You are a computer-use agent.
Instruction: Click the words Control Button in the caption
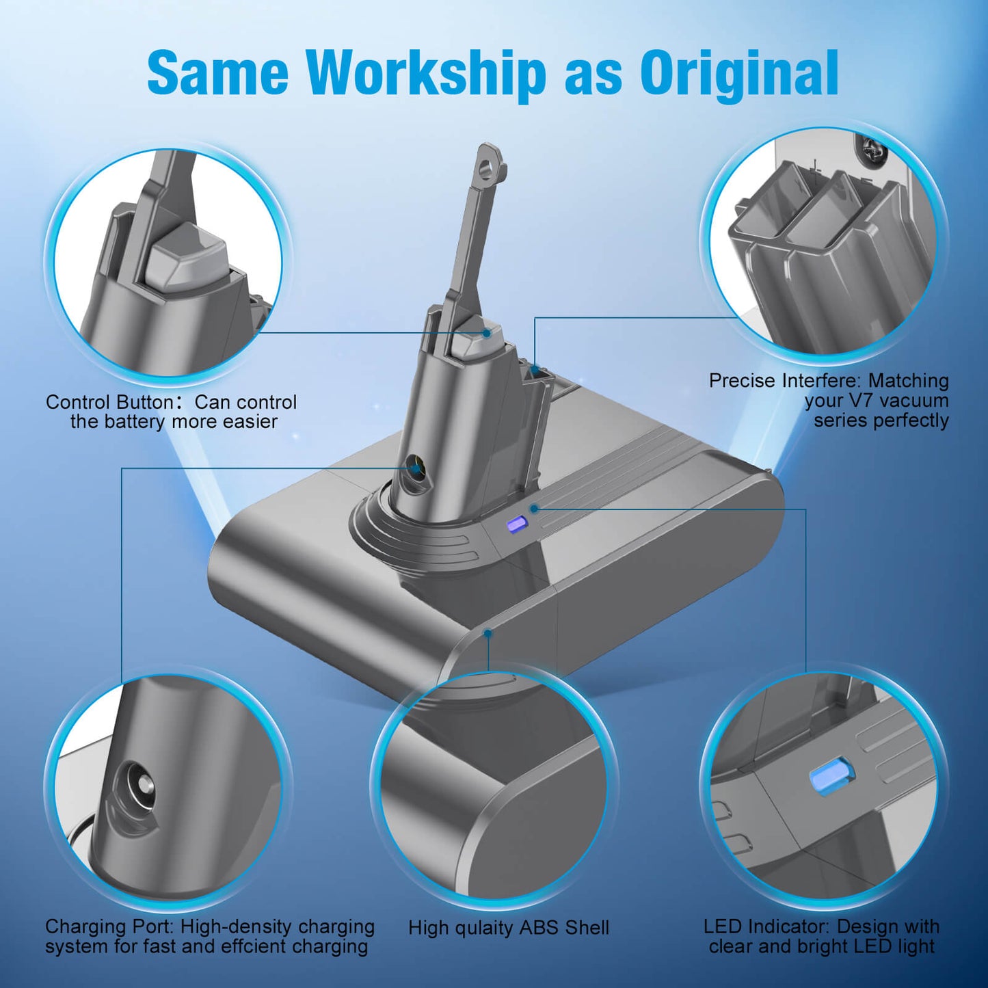109,402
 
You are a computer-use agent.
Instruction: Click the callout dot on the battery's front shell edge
488,634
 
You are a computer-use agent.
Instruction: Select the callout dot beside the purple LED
534,509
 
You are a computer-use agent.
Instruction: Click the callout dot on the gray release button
486,333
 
